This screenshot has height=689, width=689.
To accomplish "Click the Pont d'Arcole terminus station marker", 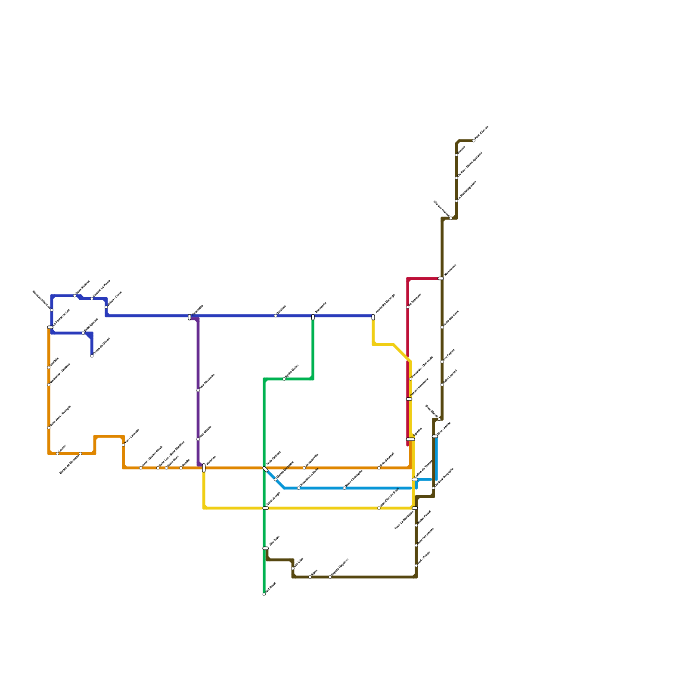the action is tap(474, 141).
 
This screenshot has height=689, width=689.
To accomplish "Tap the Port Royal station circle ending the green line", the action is tap(264, 594).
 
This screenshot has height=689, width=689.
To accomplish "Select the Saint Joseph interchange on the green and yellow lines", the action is tap(265, 508).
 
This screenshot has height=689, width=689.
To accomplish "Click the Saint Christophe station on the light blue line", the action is tap(344, 488).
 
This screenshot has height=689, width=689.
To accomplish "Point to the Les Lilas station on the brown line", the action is tap(293, 568).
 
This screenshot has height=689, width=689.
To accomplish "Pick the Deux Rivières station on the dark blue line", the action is tap(74, 296).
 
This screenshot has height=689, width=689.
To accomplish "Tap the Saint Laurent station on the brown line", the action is tap(442, 385).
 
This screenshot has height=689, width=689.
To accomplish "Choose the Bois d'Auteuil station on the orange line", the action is tap(379, 468).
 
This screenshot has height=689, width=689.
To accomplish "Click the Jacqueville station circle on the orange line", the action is tap(304, 468).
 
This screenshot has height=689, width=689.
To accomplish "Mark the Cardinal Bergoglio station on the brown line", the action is tap(434, 488).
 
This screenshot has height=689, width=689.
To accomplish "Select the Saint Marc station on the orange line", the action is tap(167, 468).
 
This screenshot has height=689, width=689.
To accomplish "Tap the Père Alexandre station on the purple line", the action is tap(198, 391).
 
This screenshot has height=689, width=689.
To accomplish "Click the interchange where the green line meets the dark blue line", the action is tap(313, 317).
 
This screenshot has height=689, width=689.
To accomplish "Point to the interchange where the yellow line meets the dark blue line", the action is tap(373, 317).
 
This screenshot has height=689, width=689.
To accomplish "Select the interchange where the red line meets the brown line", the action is tap(441, 279).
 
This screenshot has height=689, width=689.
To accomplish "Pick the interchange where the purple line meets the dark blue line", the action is tap(189, 317).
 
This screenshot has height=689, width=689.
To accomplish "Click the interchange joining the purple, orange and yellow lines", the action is tap(204, 468).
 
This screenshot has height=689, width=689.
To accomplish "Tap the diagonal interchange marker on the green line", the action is tap(265, 469).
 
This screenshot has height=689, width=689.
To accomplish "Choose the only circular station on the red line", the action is tap(408, 307).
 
